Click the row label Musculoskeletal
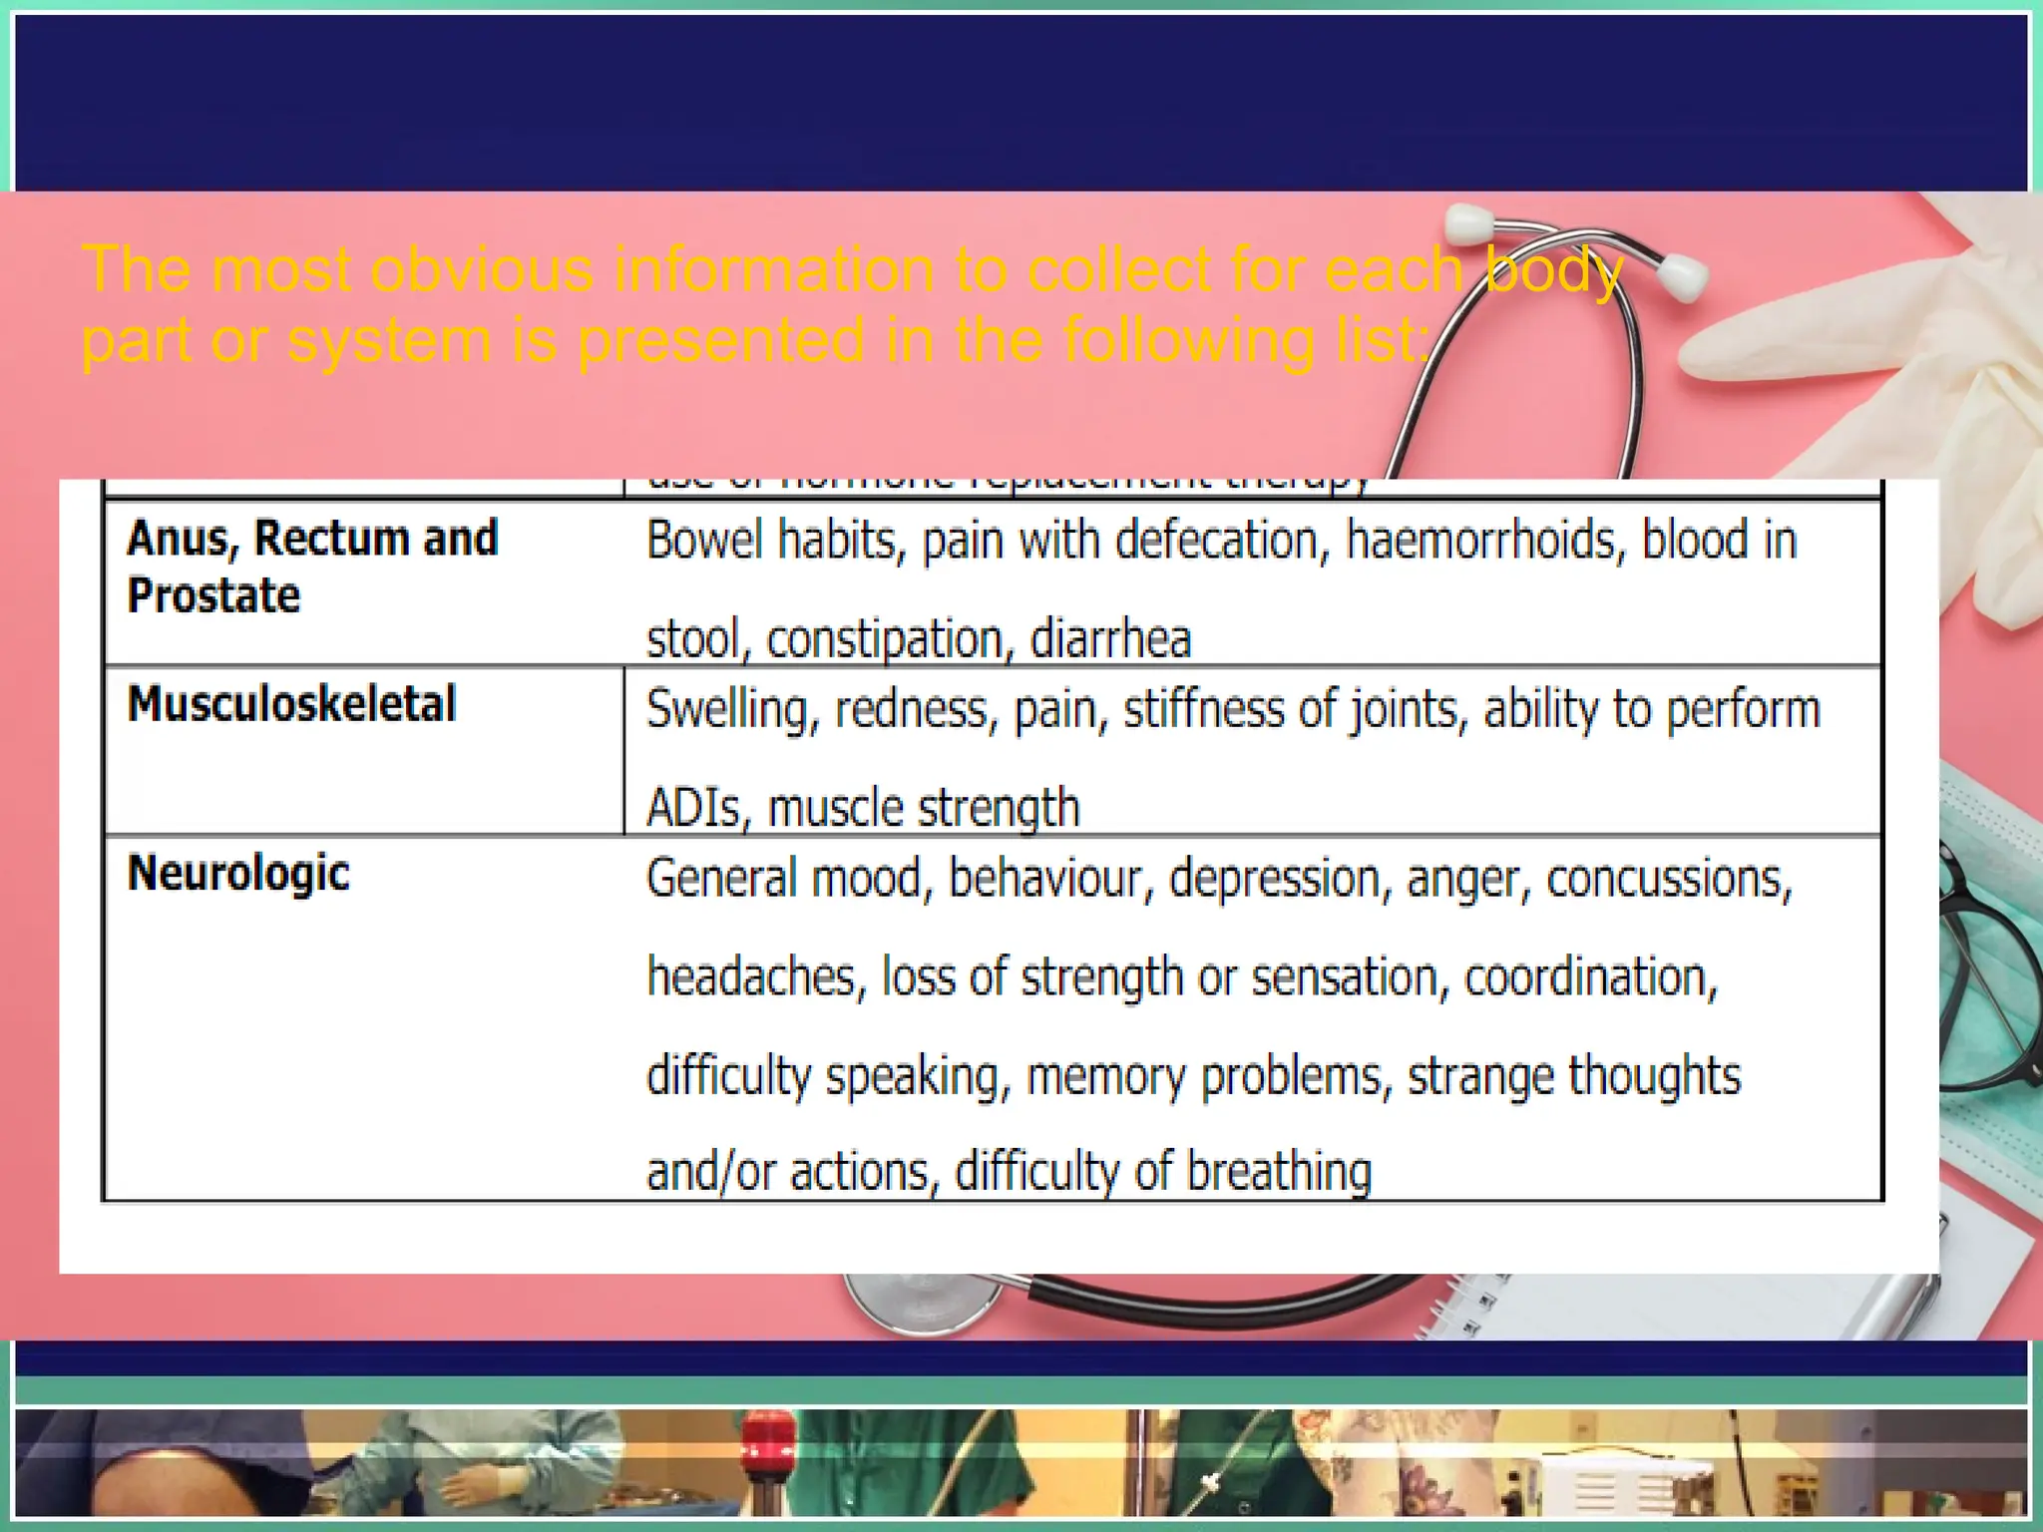click(x=291, y=704)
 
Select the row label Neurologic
click(x=238, y=874)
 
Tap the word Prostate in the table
click(x=213, y=595)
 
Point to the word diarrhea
click(x=1110, y=638)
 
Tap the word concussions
click(x=1669, y=879)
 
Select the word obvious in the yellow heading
click(x=482, y=269)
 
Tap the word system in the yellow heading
click(x=389, y=340)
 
